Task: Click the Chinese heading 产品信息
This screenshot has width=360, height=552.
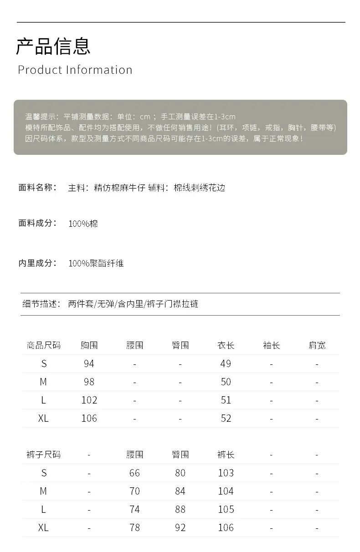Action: [x=53, y=46]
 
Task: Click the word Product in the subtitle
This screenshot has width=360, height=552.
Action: [x=40, y=70]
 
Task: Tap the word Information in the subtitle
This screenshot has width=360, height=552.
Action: [x=99, y=70]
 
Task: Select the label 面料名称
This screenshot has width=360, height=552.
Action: [x=37, y=188]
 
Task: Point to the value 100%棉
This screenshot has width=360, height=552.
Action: [x=83, y=224]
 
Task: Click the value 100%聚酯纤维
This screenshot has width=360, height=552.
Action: [x=96, y=263]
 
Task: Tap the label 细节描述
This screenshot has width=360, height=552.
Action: [x=41, y=304]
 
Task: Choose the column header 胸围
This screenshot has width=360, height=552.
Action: [x=89, y=345]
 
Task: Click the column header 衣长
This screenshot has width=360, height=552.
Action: [x=226, y=345]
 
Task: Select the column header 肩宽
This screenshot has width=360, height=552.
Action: [x=317, y=345]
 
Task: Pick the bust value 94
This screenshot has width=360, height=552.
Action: [x=89, y=363]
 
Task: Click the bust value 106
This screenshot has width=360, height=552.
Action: [x=89, y=418]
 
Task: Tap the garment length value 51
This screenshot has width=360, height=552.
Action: [x=226, y=400]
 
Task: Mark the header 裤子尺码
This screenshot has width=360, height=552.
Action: [x=43, y=455]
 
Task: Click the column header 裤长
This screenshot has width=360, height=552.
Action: [x=226, y=455]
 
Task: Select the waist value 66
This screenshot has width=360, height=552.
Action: [x=134, y=473]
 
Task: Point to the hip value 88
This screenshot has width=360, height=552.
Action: [x=180, y=509]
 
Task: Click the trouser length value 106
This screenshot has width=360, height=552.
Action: [x=226, y=527]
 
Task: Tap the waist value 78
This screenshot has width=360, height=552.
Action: [x=134, y=527]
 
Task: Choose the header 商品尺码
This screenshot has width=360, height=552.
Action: [x=43, y=345]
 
